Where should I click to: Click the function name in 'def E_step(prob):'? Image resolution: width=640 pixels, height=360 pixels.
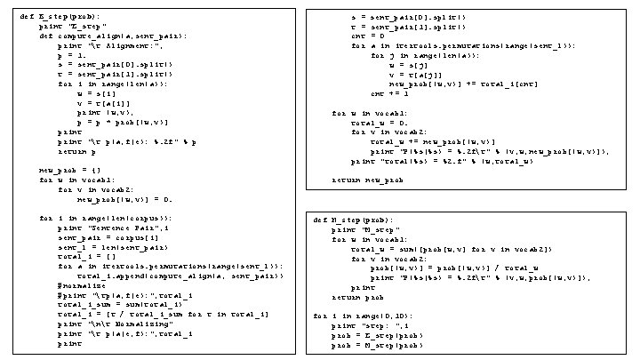(x=51, y=17)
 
